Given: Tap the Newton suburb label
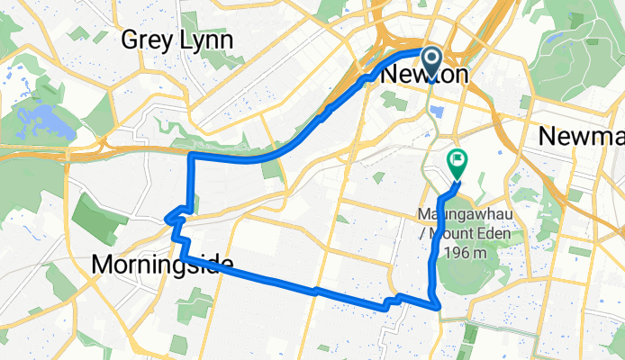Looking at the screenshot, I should (425, 76).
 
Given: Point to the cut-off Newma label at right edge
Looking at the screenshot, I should (582, 136).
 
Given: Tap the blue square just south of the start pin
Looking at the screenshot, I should (439, 111).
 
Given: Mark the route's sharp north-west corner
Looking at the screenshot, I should (190, 157).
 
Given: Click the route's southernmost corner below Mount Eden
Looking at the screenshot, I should (438, 307).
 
